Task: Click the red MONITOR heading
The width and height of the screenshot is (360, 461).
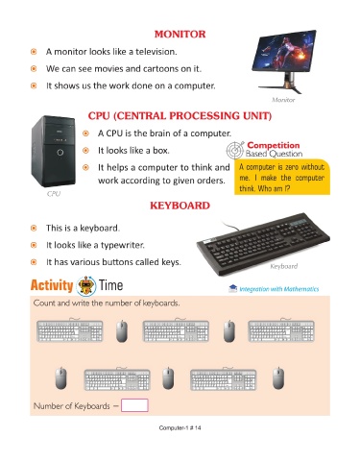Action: click(180, 34)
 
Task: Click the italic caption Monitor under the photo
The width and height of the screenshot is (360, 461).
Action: click(283, 100)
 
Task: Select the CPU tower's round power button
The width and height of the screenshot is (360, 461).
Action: click(60, 153)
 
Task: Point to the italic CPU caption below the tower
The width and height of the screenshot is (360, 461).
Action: click(54, 194)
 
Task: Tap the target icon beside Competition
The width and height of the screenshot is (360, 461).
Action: click(235, 150)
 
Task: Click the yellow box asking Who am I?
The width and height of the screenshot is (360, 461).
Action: click(282, 177)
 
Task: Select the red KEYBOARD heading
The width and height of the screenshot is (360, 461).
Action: click(180, 206)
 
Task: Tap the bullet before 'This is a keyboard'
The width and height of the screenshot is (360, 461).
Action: click(34, 229)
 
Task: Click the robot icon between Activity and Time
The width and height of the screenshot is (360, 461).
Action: click(86, 285)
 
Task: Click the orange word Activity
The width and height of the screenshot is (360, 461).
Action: click(52, 285)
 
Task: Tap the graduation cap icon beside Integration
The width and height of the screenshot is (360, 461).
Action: click(232, 288)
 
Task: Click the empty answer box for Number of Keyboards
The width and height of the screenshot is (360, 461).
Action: click(134, 405)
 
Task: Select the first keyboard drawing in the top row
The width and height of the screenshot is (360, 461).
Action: click(70, 330)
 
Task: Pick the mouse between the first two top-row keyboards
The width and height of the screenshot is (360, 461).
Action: click(122, 331)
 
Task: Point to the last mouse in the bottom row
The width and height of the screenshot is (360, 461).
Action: click(278, 378)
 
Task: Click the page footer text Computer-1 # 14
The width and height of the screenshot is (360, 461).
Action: click(180, 427)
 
